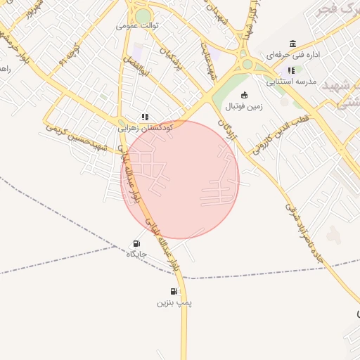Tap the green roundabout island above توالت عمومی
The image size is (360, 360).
pyautogui.click(x=143, y=15)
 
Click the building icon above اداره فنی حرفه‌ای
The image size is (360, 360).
pyautogui.click(x=293, y=44)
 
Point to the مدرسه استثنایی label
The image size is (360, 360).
pyautogui.click(x=291, y=81)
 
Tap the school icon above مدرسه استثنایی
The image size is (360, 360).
pyautogui.click(x=291, y=70)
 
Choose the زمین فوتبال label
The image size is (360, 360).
pyautogui.click(x=243, y=108)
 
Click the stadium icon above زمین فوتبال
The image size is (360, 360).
pyautogui.click(x=244, y=96)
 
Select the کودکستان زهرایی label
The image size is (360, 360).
pyautogui.click(x=143, y=129)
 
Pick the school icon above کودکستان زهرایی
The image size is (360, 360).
pyautogui.click(x=144, y=117)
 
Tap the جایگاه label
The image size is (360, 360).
pyautogui.click(x=136, y=253)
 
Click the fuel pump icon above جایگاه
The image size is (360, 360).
pyautogui.click(x=136, y=243)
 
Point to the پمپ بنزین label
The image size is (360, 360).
pyautogui.click(x=174, y=302)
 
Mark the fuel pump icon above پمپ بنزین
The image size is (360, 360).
pyautogui.click(x=174, y=291)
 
